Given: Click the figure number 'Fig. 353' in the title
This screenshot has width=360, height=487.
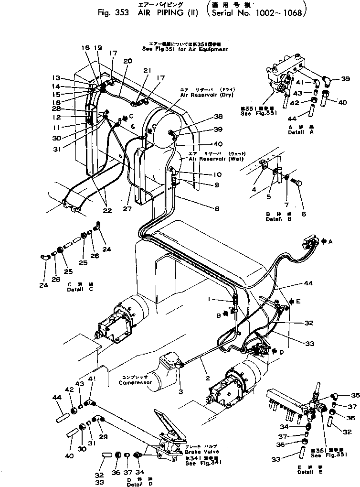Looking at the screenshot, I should pyautogui.click(x=110, y=13).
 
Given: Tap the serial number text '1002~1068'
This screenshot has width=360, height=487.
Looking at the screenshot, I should pyautogui.click(x=279, y=13).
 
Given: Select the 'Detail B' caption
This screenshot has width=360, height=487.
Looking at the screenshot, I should pyautogui.click(x=275, y=219).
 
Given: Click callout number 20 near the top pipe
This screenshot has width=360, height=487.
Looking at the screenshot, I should pyautogui.click(x=127, y=61).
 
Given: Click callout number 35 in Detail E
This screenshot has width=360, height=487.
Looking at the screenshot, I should pyautogui.click(x=354, y=395).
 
